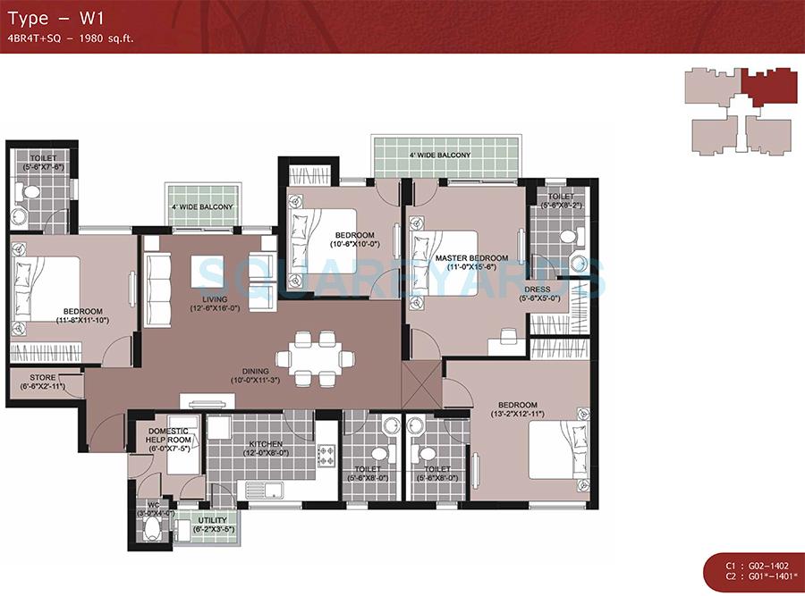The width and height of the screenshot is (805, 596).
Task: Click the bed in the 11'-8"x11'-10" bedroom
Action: coord(45,290)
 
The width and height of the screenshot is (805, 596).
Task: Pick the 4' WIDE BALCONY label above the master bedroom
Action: coord(439,155)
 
